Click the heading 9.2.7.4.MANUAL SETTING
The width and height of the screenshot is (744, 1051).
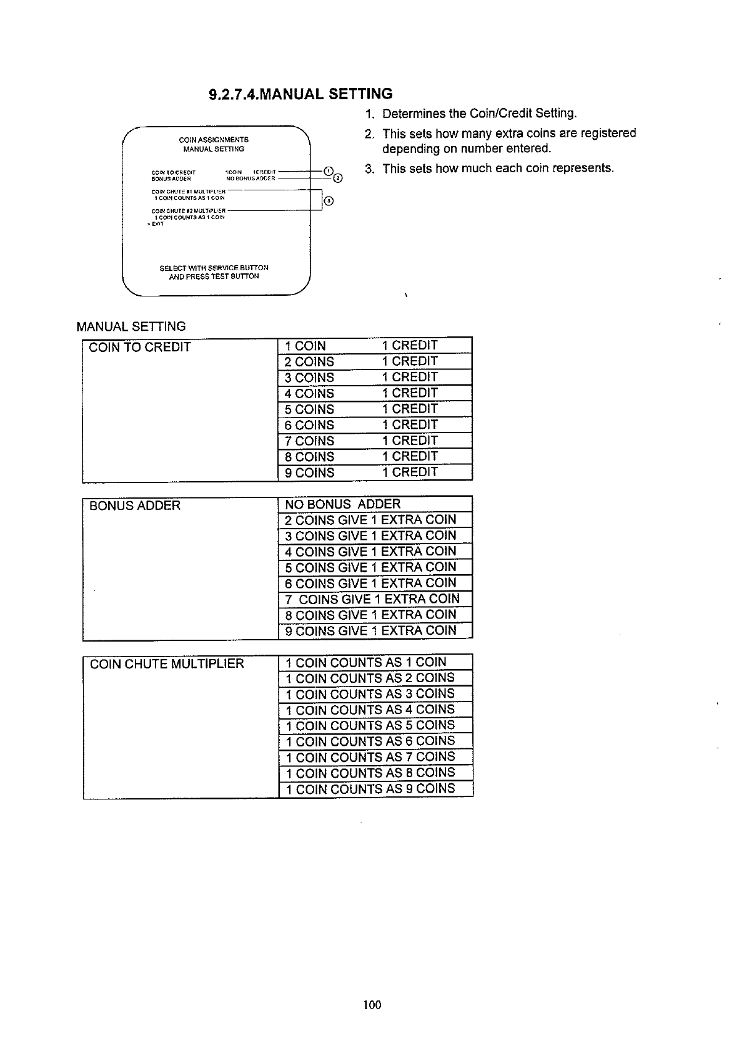pyautogui.click(x=300, y=94)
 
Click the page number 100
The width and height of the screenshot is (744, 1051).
pyautogui.click(x=372, y=1004)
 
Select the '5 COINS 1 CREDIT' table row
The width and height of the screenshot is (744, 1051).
pyautogui.click(x=374, y=409)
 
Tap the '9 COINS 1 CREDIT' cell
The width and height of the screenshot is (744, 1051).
pyautogui.click(x=374, y=472)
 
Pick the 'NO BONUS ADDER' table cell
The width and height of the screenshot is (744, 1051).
pyautogui.click(x=374, y=504)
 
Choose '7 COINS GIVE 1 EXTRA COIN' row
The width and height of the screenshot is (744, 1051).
pyautogui.click(x=374, y=599)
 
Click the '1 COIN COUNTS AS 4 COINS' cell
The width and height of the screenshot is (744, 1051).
pyautogui.click(x=374, y=710)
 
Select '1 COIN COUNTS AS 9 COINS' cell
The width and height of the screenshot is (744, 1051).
pyautogui.click(x=374, y=789)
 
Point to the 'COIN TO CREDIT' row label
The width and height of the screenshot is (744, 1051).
pyautogui.click(x=140, y=348)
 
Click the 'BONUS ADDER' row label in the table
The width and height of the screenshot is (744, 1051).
pyautogui.click(x=135, y=506)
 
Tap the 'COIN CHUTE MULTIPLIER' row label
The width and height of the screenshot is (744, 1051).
pyautogui.click(x=167, y=663)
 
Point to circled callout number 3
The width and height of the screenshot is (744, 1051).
pyautogui.click(x=329, y=201)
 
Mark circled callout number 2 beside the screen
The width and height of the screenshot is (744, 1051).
pyautogui.click(x=338, y=178)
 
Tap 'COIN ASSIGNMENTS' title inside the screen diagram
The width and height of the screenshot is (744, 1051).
pyautogui.click(x=214, y=140)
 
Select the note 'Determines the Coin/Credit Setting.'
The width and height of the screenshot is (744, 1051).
pyautogui.click(x=479, y=114)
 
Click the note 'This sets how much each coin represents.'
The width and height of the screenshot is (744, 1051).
pyautogui.click(x=498, y=169)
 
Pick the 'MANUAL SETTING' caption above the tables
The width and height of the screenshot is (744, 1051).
pyautogui.click(x=131, y=326)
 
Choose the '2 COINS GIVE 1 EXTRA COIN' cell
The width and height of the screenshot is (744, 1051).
pyautogui.click(x=374, y=520)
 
